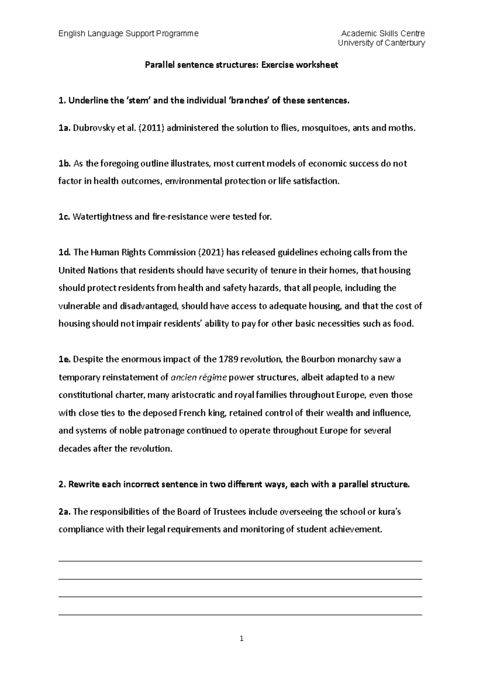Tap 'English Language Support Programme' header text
pyautogui.click(x=128, y=33)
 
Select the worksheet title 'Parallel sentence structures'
pyautogui.click(x=201, y=65)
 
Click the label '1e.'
pyautogui.click(x=64, y=360)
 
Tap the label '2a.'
pyautogui.click(x=64, y=512)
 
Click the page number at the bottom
pyautogui.click(x=241, y=638)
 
